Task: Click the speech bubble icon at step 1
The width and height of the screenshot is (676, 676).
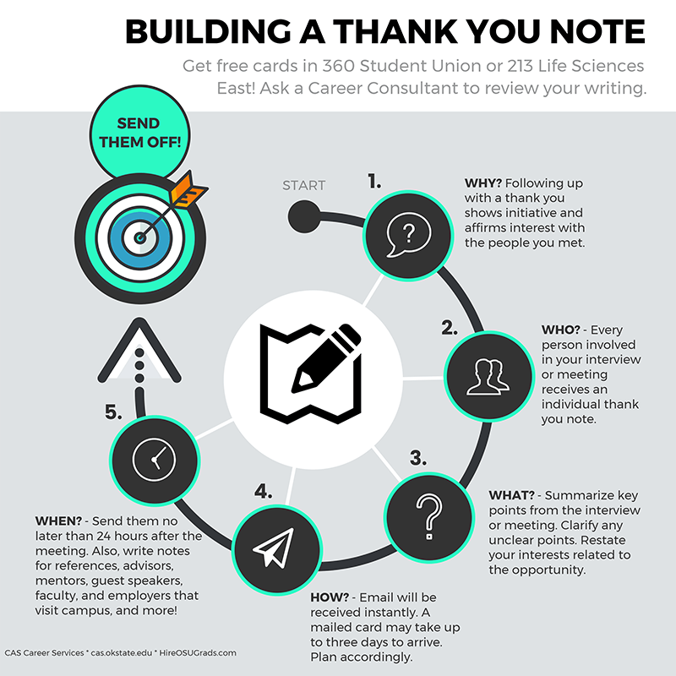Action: [408, 235]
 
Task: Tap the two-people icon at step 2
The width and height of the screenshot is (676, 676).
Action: [488, 377]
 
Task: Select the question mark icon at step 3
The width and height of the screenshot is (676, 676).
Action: [429, 516]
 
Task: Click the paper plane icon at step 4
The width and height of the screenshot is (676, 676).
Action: [274, 547]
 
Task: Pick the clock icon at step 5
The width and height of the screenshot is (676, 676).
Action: [154, 460]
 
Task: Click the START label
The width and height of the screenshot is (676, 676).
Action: [303, 185]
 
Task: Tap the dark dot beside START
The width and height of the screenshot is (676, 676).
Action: [304, 216]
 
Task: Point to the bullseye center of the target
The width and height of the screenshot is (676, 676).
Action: [139, 237]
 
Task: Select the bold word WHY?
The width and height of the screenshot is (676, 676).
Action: [482, 183]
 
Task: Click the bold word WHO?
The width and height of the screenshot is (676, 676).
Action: [560, 330]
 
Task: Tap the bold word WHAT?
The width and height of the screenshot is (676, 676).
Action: [511, 495]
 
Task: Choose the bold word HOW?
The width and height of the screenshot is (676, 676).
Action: [330, 597]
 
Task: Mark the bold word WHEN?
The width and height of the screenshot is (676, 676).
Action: [58, 521]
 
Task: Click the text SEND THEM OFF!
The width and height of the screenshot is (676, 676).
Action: [139, 133]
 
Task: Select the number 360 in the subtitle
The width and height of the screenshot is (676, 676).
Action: [339, 66]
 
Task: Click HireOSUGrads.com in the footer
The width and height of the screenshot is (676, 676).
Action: [198, 652]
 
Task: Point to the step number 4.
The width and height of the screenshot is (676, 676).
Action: [263, 492]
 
